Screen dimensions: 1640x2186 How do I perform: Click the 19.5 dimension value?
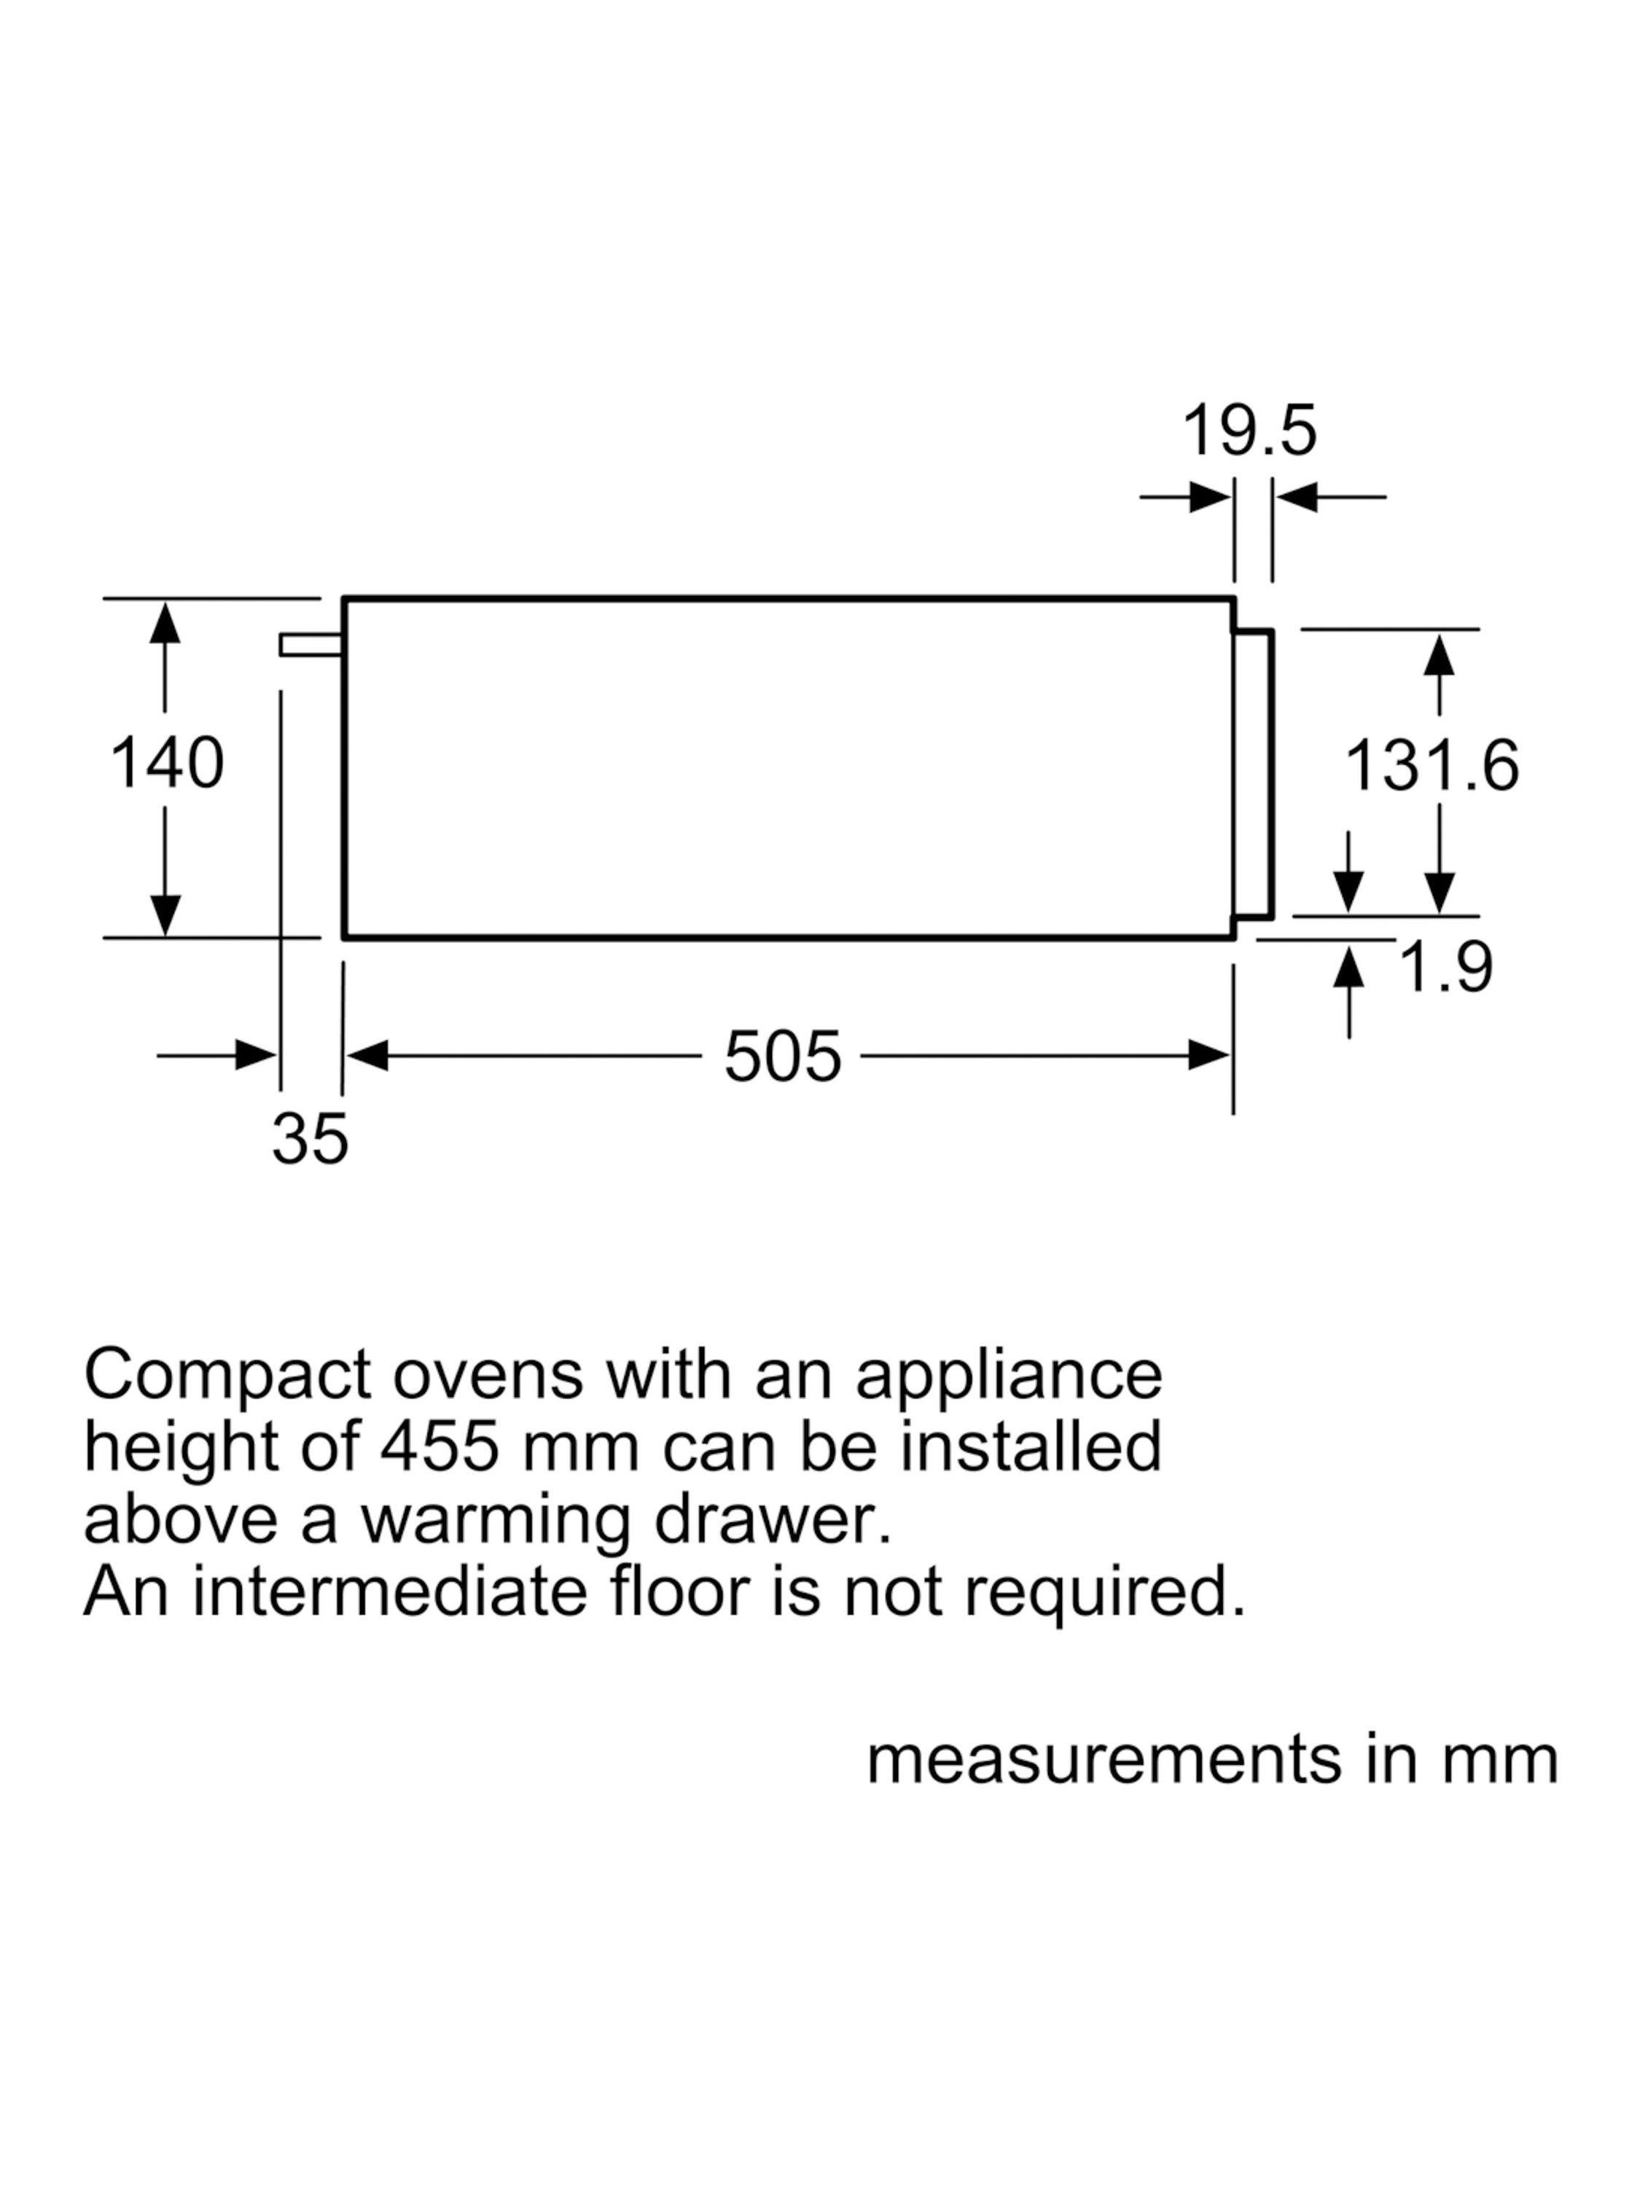(x=1249, y=431)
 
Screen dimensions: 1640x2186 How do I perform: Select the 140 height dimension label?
(x=167, y=763)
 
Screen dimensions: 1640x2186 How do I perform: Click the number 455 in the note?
(x=441, y=1448)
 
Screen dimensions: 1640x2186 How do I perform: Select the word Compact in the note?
(x=228, y=1376)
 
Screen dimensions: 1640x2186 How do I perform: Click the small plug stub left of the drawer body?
(x=311, y=644)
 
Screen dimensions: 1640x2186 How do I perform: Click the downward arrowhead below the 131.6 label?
(x=1440, y=893)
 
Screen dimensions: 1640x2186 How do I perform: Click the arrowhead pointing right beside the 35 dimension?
(x=256, y=1055)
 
